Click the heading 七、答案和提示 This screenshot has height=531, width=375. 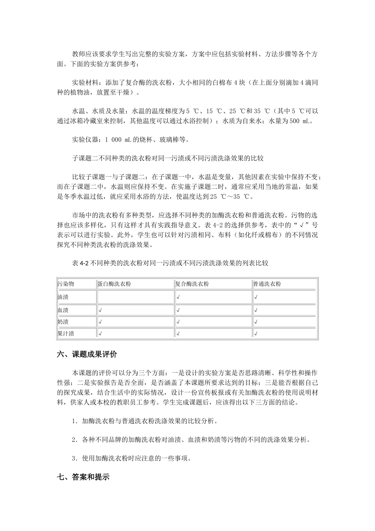tap(83, 477)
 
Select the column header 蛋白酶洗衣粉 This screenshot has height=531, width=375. tap(114, 284)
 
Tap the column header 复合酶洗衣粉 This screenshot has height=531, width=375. tap(192, 284)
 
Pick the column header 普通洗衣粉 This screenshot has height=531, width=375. tap(268, 284)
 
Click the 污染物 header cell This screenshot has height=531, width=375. tap(66, 284)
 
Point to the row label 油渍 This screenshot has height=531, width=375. tap(63, 297)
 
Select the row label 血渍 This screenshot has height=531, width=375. tap(63, 310)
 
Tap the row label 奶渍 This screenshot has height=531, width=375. tap(63, 322)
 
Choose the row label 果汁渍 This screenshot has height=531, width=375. tap(66, 333)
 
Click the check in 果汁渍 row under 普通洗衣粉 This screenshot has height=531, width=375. tap(256, 334)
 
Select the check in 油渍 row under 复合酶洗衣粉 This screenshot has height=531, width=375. tap(178, 298)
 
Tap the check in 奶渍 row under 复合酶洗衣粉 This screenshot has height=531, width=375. tap(178, 322)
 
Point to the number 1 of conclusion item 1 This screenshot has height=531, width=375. tap(74, 422)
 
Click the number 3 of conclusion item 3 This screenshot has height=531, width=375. tap(74, 459)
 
